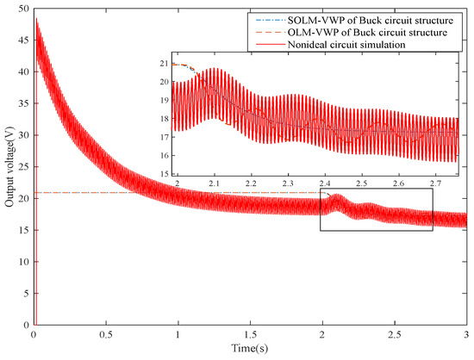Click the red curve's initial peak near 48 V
36,18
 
